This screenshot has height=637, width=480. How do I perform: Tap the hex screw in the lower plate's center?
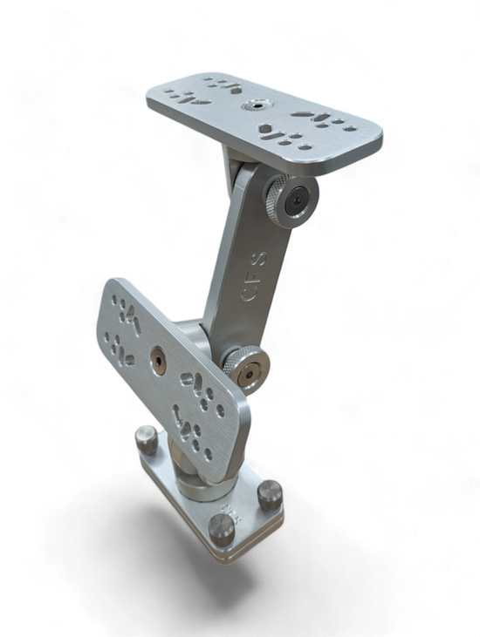point(160,356)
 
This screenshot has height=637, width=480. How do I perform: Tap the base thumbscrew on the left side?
point(145,437)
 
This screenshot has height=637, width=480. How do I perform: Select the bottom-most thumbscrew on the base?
point(225,526)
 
